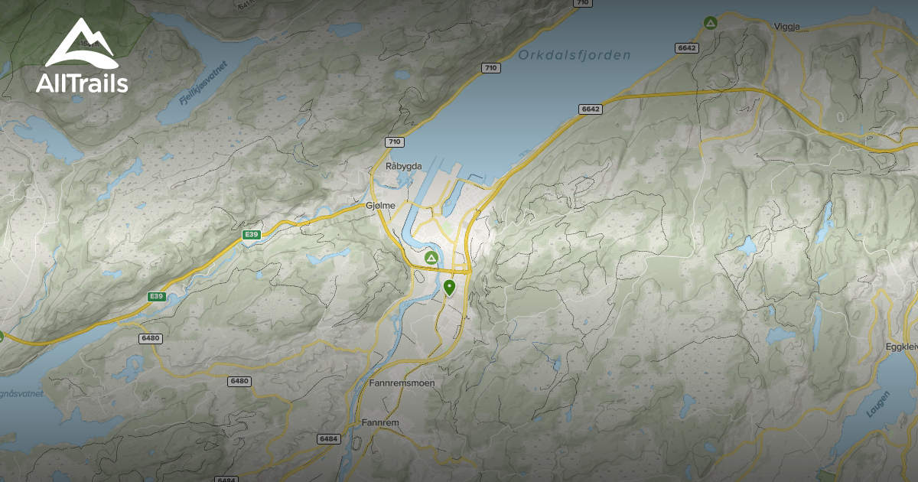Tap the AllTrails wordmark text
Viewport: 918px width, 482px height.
click(82, 83)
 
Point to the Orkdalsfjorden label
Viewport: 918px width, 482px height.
click(574, 55)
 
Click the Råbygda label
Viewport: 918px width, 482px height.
click(404, 166)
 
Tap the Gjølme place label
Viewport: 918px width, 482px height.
click(380, 205)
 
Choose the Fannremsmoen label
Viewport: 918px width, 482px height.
click(401, 383)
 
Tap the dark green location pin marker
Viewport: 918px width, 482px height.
click(449, 288)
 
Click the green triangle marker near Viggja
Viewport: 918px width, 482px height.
click(710, 23)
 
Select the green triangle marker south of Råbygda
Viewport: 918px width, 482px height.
click(431, 259)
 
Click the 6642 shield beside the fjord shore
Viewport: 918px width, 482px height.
click(591, 109)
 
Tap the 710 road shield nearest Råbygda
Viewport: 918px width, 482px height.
click(394, 142)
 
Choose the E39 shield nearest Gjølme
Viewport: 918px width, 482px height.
click(250, 234)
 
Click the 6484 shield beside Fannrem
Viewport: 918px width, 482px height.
click(327, 439)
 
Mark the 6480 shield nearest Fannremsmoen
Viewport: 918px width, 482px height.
click(239, 381)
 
